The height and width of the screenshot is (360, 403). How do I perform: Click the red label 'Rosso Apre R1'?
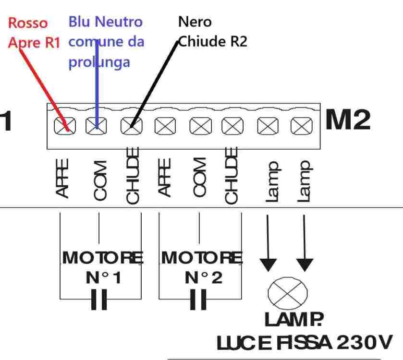[x=33, y=33]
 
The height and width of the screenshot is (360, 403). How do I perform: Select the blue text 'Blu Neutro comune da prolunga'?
[x=106, y=42]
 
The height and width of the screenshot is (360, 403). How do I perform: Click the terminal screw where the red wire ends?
[x=63, y=126]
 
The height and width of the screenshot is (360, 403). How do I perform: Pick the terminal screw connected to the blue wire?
[x=95, y=126]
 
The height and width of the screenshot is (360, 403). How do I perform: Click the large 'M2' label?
[x=348, y=120]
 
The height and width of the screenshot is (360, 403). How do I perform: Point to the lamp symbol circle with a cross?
[x=287, y=294]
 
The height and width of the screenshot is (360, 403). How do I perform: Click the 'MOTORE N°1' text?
[x=103, y=268]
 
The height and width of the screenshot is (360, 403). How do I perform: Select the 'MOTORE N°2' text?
[x=202, y=268]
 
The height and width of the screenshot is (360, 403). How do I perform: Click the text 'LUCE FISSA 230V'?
[x=305, y=343]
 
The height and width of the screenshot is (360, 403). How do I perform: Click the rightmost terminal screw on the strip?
[x=301, y=126]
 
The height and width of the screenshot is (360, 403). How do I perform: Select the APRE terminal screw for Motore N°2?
[x=164, y=126]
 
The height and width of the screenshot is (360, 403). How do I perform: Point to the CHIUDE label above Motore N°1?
[x=133, y=175]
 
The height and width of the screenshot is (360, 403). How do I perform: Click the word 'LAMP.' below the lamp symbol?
[x=287, y=320]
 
